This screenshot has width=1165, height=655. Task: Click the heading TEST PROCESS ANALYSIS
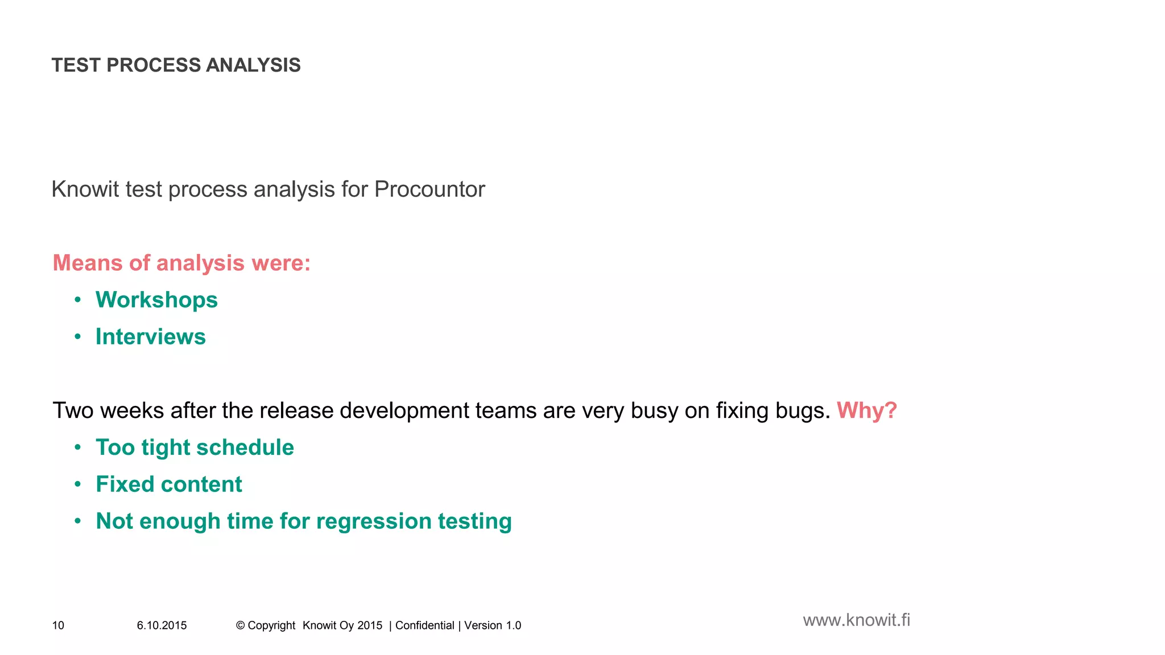coord(176,65)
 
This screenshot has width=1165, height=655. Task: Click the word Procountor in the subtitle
coord(429,189)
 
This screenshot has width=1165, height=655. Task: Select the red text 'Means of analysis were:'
coord(181,263)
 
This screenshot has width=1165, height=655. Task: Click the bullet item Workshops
coord(156,300)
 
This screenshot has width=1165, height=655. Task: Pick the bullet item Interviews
coord(150,337)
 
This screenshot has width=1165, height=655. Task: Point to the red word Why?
coord(866,411)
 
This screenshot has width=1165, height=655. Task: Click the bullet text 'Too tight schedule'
coord(195,447)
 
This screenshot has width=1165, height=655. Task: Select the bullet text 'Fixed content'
coord(168,484)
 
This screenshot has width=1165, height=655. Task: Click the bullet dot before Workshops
coord(78,300)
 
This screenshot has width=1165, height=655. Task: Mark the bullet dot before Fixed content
coord(78,484)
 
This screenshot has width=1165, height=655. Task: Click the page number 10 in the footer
coord(58,625)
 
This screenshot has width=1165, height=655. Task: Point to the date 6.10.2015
coord(162,625)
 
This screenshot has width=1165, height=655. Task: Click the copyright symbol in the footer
coord(240,625)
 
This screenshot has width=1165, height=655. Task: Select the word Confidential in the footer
coord(424,625)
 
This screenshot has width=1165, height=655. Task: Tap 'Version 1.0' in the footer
coord(493,625)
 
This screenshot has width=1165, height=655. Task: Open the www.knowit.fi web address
coord(856,620)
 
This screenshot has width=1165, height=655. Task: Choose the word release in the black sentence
coord(296,411)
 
